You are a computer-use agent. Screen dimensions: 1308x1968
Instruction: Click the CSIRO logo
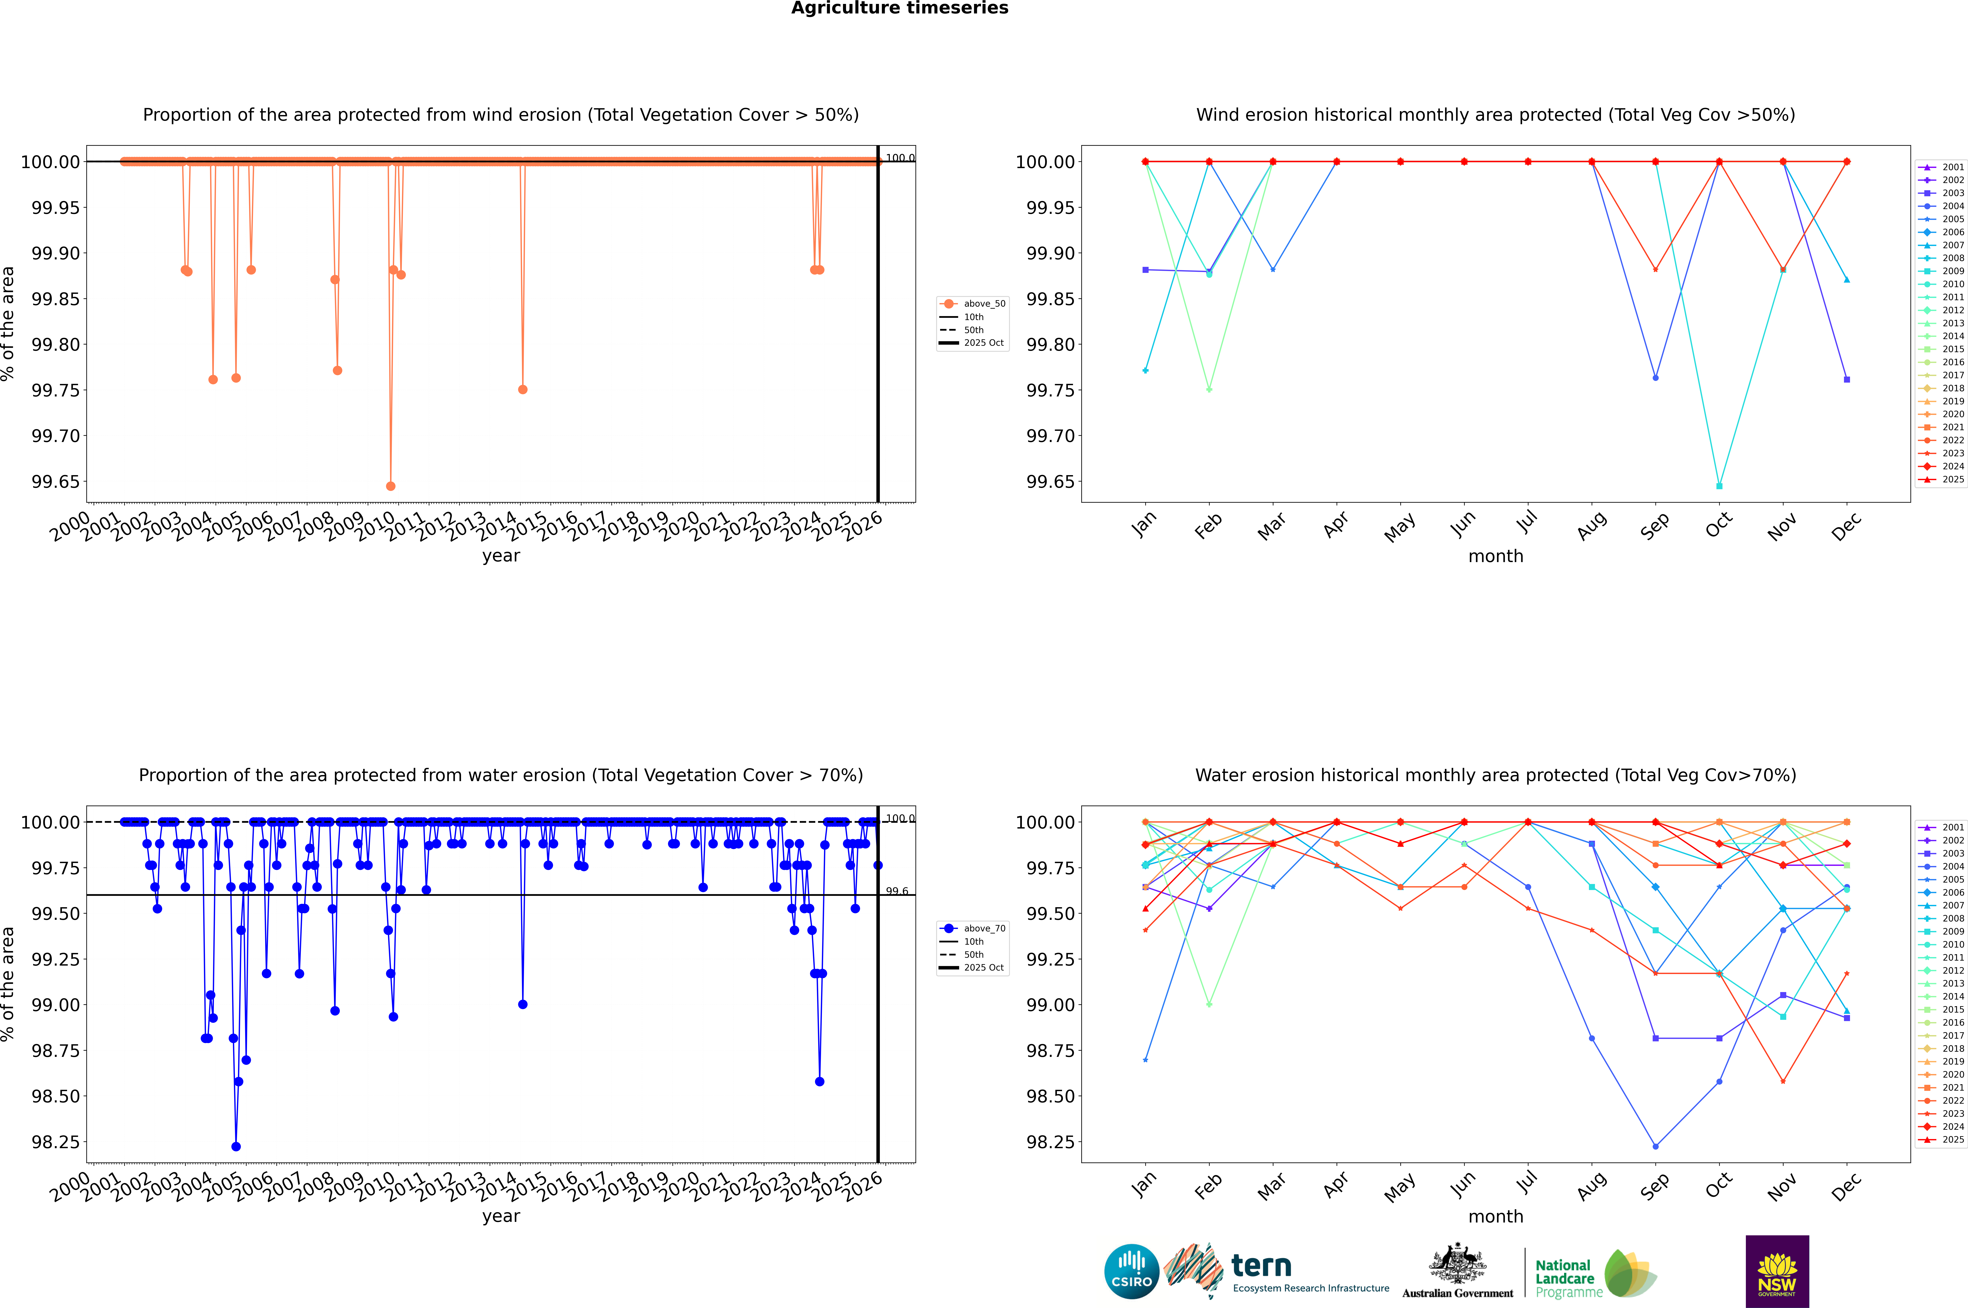click(x=1131, y=1271)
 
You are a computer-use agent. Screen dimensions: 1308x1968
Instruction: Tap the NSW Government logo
click(x=1777, y=1271)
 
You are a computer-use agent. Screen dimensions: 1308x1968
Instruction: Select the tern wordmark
click(x=1261, y=1266)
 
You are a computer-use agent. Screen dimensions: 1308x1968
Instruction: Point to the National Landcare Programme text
click(x=1564, y=1278)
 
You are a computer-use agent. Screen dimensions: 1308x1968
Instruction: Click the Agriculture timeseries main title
click(x=899, y=8)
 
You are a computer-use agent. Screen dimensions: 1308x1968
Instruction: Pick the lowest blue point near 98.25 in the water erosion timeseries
click(x=236, y=1146)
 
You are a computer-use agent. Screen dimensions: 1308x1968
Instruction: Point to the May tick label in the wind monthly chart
click(x=1400, y=527)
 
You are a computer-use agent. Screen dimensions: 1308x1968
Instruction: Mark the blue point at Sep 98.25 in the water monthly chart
click(x=1655, y=1146)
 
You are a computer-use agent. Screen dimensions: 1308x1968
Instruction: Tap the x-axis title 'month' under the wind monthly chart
click(x=1495, y=556)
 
